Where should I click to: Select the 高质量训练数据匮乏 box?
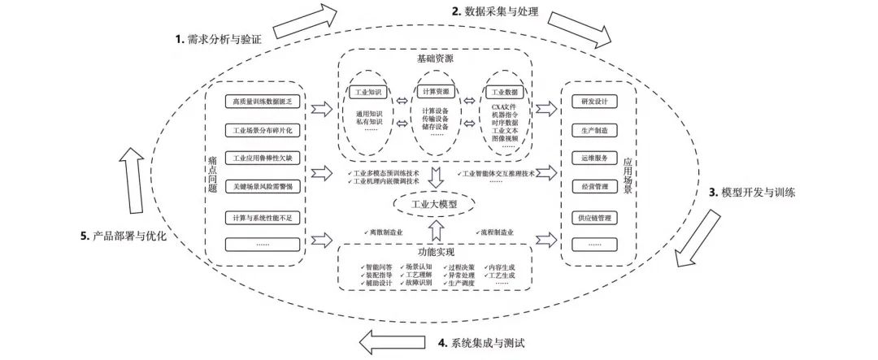click(262, 102)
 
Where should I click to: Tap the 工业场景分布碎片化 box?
click(262, 130)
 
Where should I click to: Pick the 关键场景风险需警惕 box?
click(262, 186)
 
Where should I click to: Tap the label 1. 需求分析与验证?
click(224, 38)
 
